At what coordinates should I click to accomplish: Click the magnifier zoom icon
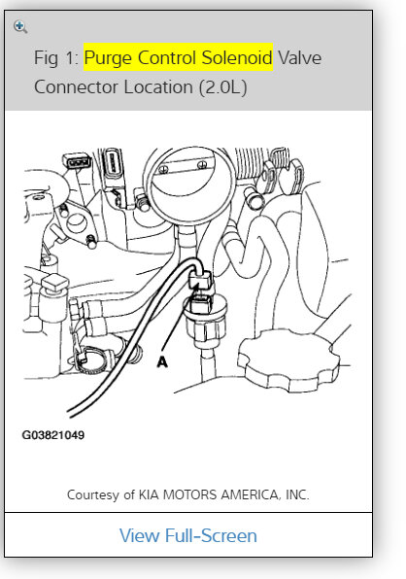tap(20, 26)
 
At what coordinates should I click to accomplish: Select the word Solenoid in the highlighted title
tap(236, 57)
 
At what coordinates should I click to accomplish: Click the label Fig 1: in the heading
tap(56, 57)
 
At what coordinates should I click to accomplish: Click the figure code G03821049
tap(53, 435)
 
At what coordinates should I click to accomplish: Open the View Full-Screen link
tap(187, 535)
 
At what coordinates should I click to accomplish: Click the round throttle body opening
tap(184, 185)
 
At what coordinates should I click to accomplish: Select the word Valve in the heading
tap(299, 57)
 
